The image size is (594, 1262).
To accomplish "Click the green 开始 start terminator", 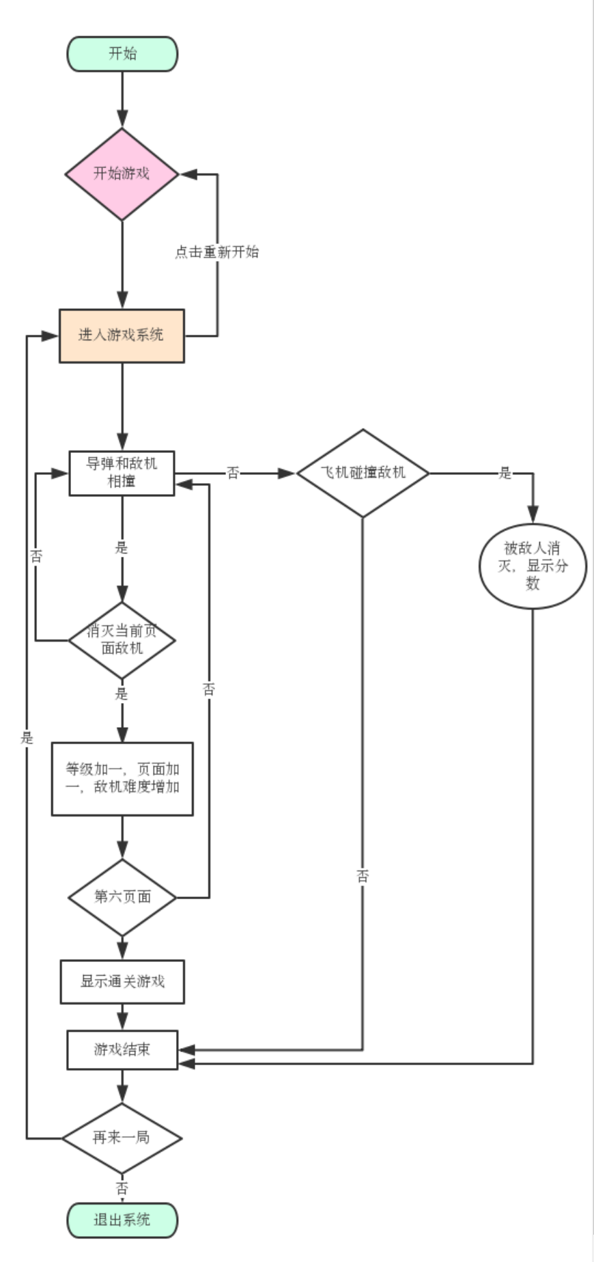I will [x=122, y=54].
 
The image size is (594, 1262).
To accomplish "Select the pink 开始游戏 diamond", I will [x=122, y=174].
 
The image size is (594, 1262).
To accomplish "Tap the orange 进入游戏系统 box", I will [x=122, y=335].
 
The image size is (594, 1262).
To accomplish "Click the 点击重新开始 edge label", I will [x=217, y=252].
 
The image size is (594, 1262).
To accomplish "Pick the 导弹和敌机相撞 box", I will [x=122, y=473].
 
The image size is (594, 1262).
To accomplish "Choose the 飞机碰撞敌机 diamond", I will [x=363, y=473].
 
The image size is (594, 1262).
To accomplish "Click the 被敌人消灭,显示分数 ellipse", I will [x=533, y=566].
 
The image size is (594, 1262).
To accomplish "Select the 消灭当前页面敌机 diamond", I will [x=122, y=640].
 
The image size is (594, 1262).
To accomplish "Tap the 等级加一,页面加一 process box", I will [x=122, y=778].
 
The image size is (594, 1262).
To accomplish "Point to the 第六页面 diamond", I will [x=122, y=896].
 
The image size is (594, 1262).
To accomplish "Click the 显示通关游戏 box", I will [x=122, y=982].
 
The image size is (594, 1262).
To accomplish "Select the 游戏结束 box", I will [x=122, y=1050].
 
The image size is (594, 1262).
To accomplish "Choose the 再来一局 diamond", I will [x=122, y=1138].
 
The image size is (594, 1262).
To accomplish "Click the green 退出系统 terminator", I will [x=122, y=1220].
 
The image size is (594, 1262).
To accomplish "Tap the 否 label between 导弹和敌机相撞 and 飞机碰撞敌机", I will [x=233, y=473].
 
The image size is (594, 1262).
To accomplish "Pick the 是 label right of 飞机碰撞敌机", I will [x=505, y=473].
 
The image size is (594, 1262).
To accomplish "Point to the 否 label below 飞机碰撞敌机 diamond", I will [x=363, y=876].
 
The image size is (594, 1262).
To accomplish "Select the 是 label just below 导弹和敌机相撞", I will [x=122, y=547].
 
